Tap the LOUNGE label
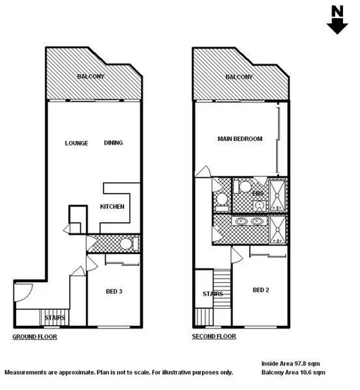[76, 143]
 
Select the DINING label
[113, 143]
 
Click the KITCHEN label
[112, 207]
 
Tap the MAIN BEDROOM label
[239, 139]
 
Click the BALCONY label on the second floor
[239, 77]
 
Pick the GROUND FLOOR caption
[35, 337]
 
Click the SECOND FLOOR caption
[214, 337]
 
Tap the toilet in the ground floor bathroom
[126, 244]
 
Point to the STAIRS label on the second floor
[212, 294]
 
